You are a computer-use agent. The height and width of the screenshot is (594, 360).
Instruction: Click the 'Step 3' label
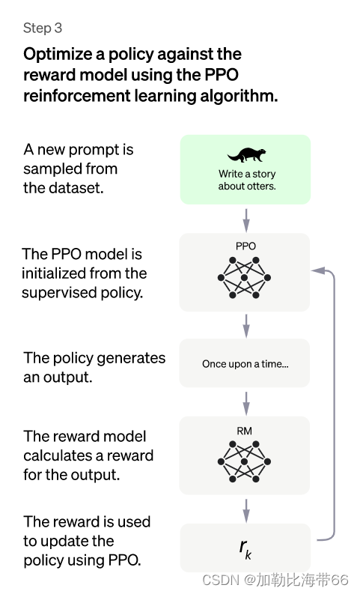(x=43, y=28)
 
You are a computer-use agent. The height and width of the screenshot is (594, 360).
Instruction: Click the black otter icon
(x=246, y=154)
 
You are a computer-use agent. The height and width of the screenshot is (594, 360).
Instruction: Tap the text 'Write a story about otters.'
(x=247, y=180)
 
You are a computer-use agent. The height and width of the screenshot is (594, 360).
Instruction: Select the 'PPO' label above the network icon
(x=245, y=246)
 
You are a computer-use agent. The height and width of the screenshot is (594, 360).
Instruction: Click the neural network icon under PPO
(x=244, y=278)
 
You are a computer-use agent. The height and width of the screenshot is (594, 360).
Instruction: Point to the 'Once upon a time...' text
(x=245, y=364)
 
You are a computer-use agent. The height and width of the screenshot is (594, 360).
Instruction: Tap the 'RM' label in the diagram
(x=245, y=431)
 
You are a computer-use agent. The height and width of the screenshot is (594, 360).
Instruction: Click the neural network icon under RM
(x=244, y=461)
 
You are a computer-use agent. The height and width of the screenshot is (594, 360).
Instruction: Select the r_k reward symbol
(x=245, y=549)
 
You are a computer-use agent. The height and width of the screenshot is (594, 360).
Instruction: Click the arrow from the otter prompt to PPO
(x=246, y=220)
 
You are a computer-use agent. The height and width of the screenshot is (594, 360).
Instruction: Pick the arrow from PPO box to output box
(x=246, y=326)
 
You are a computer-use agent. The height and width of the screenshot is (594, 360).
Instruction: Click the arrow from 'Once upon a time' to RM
(x=246, y=404)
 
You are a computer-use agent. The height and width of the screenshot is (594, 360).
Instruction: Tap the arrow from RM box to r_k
(x=246, y=511)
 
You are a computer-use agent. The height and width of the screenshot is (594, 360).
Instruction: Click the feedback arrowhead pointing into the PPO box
(x=317, y=270)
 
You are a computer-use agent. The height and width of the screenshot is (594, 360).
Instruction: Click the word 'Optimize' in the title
(x=58, y=54)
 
